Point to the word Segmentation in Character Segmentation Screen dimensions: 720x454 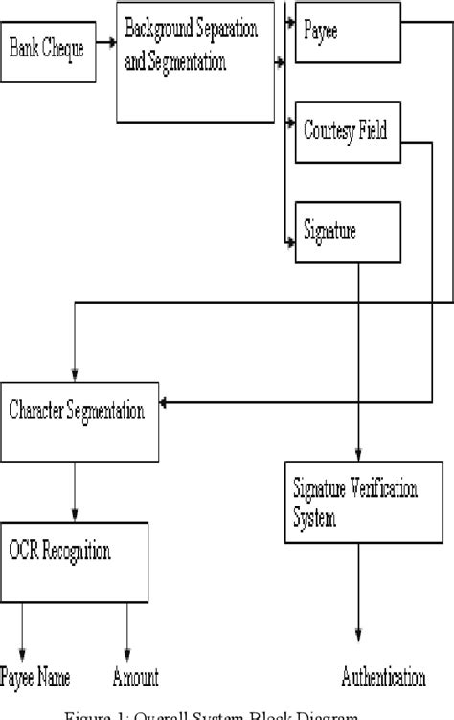click(107, 413)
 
